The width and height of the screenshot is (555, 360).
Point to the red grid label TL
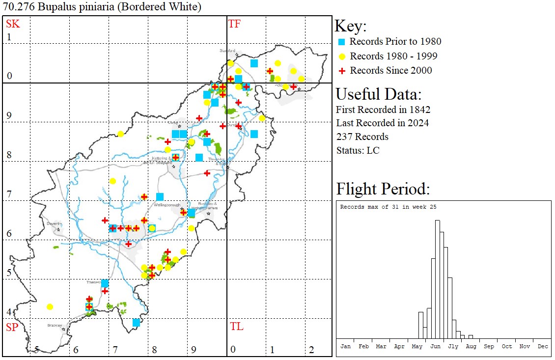tap(237, 327)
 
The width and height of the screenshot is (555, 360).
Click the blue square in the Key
tap(342, 42)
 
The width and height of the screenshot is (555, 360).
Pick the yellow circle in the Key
tap(342, 56)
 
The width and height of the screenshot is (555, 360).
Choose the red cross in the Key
tap(342, 71)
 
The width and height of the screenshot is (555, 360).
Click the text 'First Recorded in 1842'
tap(383, 109)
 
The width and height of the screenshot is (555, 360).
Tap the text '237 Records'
tap(362, 137)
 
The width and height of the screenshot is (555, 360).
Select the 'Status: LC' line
tap(358, 150)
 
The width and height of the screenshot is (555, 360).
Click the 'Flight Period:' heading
tap(383, 189)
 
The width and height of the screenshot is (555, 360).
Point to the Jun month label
tap(435, 346)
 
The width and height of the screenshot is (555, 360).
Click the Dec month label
tap(543, 346)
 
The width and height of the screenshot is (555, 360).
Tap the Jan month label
tap(346, 346)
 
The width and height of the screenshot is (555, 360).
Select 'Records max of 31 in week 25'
tap(388, 207)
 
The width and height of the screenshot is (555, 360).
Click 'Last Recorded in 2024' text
tap(382, 123)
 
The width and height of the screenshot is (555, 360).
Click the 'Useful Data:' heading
tap(378, 94)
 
